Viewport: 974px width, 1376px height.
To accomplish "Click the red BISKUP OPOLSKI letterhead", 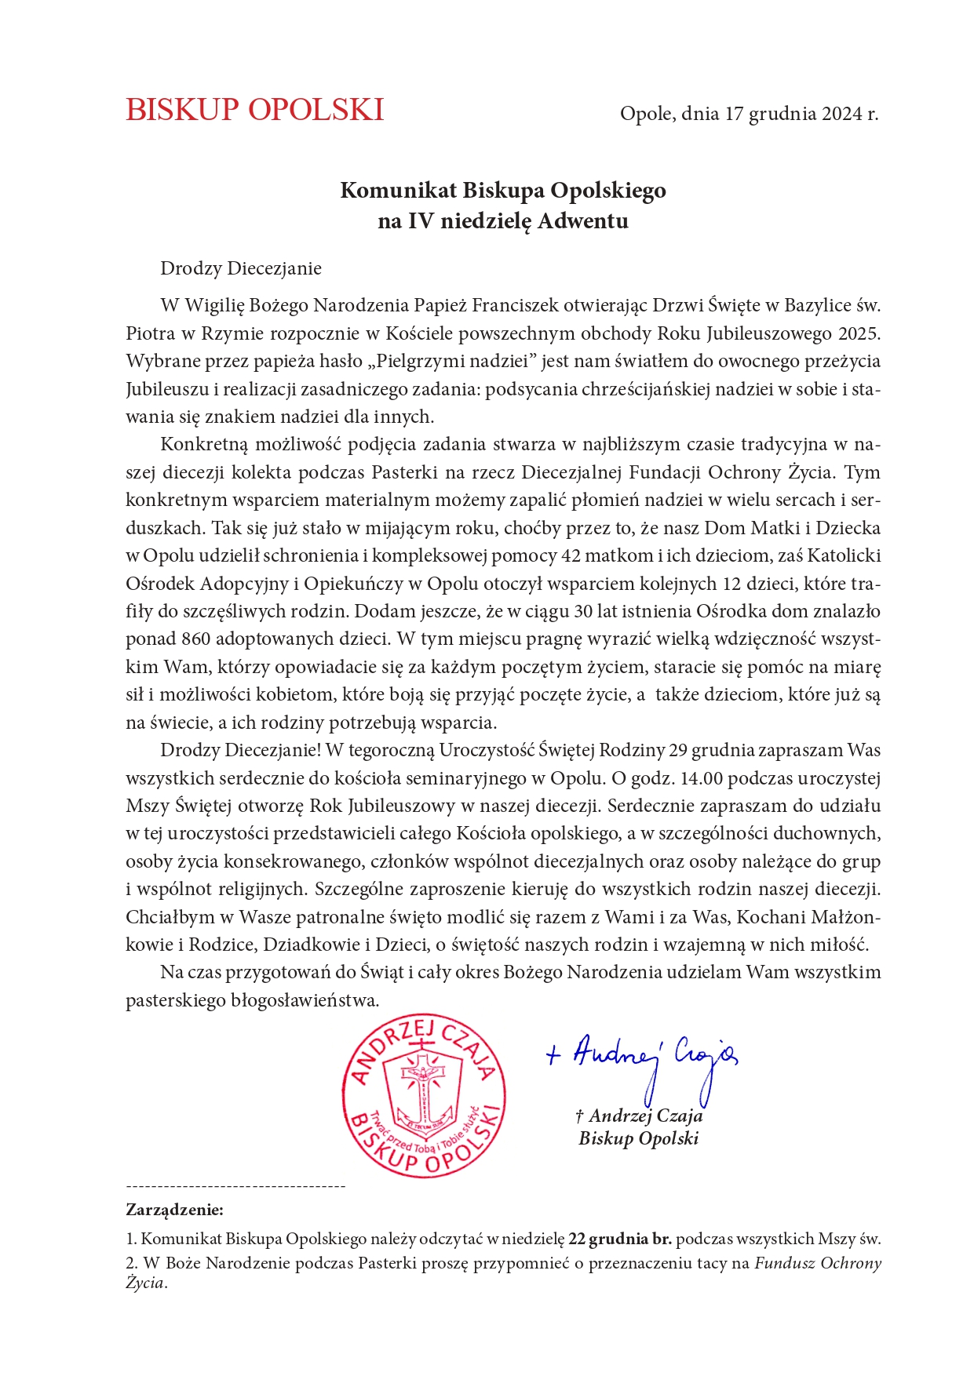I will pos(254,110).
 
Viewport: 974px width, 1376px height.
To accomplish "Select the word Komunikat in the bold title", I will pos(398,191).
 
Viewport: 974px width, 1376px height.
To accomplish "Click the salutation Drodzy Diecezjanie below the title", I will pos(241,268).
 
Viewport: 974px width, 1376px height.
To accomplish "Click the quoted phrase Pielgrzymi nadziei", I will pos(456,362).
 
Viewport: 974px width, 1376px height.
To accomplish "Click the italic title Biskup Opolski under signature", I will pos(638,1138).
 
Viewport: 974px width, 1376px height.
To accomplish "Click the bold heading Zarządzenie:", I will pos(174,1210).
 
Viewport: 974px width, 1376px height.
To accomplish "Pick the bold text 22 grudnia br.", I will pos(620,1239).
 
